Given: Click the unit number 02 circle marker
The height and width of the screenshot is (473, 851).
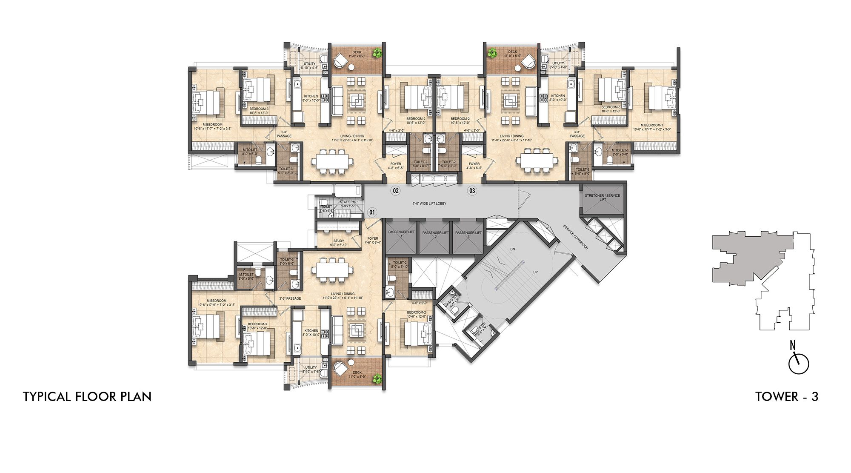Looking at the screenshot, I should [396, 190].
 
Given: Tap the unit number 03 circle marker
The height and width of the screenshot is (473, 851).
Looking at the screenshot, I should [472, 190].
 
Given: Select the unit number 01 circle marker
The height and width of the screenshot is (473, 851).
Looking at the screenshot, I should [372, 212].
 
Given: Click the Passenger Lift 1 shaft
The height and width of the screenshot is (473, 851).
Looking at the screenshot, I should [401, 238].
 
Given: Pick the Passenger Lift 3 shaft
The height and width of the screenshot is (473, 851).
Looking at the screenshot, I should [468, 238].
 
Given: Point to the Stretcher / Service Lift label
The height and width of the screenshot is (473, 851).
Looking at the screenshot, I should [602, 198].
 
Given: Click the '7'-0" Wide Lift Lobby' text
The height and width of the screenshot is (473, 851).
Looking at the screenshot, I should [429, 204].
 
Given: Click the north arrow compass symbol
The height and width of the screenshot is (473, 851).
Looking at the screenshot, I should [798, 363].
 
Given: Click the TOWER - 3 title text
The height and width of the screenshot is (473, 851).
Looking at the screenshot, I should [786, 397].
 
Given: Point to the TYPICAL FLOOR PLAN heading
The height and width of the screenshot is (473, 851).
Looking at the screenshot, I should [87, 397].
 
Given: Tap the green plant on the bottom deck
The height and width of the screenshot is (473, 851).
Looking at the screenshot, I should [376, 378].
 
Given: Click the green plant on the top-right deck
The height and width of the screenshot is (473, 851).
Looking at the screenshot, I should [492, 53].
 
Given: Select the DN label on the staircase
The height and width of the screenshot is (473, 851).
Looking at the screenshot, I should [512, 249].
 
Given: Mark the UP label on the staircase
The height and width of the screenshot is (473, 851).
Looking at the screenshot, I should [535, 272].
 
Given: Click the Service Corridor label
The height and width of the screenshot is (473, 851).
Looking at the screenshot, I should [576, 237].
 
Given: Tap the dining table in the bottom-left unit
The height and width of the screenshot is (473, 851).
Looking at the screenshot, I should [332, 269].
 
